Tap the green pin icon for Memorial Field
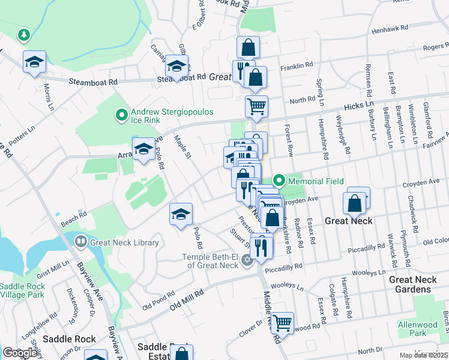(x=279, y=181)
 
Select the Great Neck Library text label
(x=124, y=242)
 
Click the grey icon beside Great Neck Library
(x=81, y=242)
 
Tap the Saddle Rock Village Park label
(x=22, y=290)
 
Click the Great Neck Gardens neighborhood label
(x=418, y=284)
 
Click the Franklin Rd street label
(x=301, y=65)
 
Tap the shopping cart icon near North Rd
(x=256, y=107)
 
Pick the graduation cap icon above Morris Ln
(x=35, y=61)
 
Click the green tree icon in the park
(x=24, y=35)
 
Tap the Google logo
(x=21, y=352)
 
